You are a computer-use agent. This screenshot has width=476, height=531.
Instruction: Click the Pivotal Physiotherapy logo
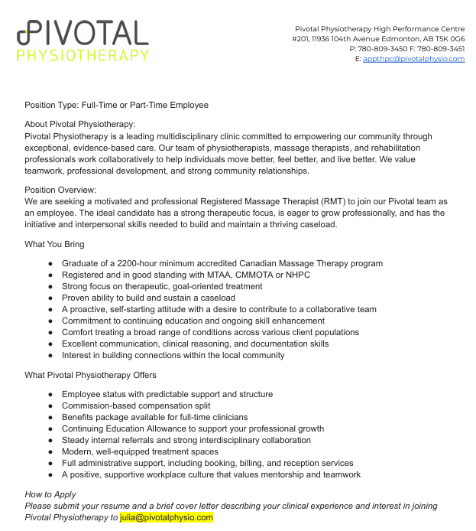pos(83,41)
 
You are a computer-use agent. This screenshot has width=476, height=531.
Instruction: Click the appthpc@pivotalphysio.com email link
pos(413,59)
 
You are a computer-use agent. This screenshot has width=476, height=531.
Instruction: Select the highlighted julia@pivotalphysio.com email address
pos(167,517)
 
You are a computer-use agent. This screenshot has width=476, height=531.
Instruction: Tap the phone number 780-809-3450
pos(384,49)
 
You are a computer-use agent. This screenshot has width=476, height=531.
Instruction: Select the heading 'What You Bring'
pos(54,244)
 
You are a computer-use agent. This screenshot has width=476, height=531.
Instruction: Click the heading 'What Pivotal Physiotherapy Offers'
pos(90,375)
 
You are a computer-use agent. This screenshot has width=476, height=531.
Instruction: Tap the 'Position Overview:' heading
pos(60,190)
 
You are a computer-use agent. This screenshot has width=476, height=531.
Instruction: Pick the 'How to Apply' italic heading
pos(50,494)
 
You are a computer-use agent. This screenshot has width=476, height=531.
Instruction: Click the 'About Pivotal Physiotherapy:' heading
pos(80,124)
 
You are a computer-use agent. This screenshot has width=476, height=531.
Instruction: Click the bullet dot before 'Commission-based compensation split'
pos(50,406)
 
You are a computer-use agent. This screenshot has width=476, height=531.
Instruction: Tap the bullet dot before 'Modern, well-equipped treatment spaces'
pos(50,451)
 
